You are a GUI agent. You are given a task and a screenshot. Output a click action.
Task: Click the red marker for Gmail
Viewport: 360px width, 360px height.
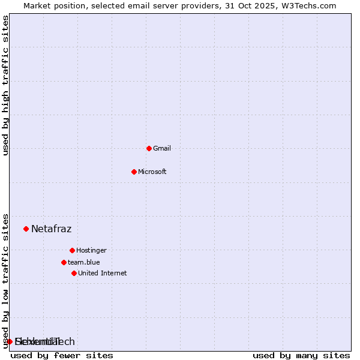(149, 148)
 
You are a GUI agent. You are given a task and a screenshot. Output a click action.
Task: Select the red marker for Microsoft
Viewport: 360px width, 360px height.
(134, 172)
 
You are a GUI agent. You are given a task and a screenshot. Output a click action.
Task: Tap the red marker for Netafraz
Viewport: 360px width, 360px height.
(26, 229)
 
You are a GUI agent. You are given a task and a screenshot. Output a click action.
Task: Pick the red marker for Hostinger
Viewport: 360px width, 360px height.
(72, 250)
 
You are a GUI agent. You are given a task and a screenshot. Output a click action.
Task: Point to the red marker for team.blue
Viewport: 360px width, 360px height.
(64, 262)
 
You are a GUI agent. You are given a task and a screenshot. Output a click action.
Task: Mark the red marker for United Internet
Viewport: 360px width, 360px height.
(74, 273)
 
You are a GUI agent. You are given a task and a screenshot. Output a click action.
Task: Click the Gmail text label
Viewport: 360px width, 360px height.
(162, 148)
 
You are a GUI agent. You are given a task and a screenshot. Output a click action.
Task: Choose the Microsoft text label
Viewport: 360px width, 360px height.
(152, 172)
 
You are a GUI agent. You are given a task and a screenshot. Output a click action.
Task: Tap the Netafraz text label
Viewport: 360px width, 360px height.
(52, 229)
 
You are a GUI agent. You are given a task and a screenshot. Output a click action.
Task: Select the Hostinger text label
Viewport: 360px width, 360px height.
(91, 250)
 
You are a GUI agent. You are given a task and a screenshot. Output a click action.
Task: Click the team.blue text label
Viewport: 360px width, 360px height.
(84, 262)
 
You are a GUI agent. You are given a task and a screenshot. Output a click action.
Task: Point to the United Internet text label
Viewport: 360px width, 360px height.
(103, 273)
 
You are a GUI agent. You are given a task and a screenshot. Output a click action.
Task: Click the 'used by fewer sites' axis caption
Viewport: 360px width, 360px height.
(62, 355)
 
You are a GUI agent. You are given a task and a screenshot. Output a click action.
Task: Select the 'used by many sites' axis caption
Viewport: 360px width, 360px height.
(301, 355)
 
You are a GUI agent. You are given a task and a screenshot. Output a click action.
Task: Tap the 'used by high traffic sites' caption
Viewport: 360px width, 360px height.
(6, 85)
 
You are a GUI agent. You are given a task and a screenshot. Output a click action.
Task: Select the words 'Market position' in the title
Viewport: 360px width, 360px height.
(51, 5)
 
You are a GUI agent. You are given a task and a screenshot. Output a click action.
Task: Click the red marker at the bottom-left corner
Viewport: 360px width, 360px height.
(10, 341)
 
